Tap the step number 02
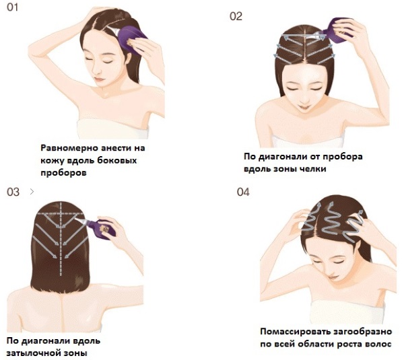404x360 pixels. pyautogui.click(x=236, y=16)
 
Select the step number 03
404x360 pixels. pyautogui.click(x=13, y=192)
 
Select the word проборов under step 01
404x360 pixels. pyautogui.click(x=59, y=172)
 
